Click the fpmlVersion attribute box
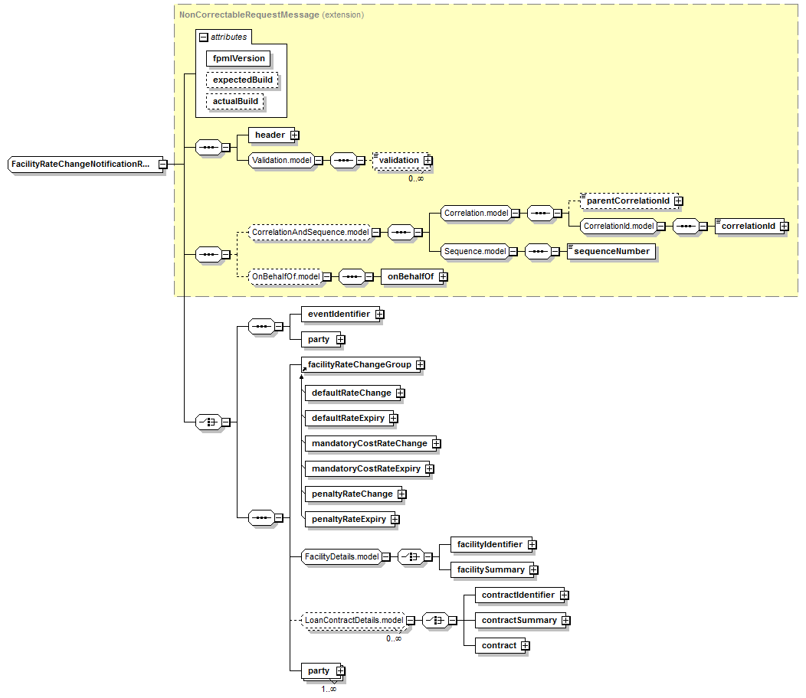coord(238,58)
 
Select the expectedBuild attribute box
coord(242,80)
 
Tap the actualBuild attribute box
coord(235,101)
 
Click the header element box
coord(270,135)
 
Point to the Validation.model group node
coord(281,160)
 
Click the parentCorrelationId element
coord(627,201)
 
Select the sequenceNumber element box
coord(611,251)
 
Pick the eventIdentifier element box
coord(338,314)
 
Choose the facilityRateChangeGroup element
coord(359,365)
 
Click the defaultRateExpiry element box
coord(347,418)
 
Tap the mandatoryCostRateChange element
coord(369,443)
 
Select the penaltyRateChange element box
coord(352,494)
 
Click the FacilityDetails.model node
coord(341,556)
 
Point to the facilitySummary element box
coord(490,569)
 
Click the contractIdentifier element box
coord(518,595)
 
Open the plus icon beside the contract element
coord(525,645)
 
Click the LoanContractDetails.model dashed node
coord(353,620)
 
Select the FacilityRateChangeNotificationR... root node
coord(82,164)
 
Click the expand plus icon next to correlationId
coord(784,226)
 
